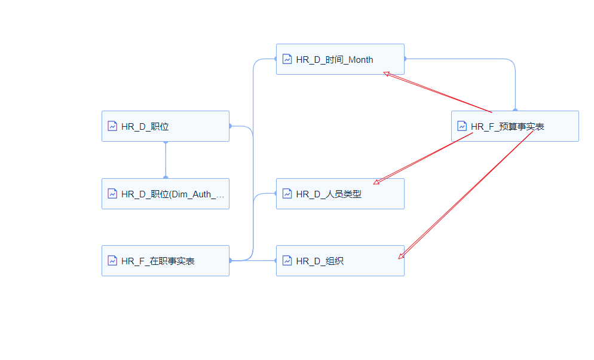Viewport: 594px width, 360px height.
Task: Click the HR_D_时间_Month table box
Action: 340,59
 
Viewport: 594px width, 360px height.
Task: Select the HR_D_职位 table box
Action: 166,126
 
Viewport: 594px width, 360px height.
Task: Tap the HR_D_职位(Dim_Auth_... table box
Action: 166,194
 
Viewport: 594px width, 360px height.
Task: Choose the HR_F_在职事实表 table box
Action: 166,261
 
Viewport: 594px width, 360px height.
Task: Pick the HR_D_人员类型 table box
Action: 340,194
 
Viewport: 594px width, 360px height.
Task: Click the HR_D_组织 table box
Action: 340,261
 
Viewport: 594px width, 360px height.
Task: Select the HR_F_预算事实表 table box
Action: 515,126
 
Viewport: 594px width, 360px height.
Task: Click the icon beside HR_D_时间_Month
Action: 287,59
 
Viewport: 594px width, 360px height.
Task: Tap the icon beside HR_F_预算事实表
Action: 462,126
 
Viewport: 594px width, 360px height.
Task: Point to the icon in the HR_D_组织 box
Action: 287,261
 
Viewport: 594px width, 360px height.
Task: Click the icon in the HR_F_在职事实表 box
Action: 112,261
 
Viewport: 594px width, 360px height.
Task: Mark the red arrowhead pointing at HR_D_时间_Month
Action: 387,74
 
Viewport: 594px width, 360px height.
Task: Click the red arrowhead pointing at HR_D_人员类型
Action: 376,182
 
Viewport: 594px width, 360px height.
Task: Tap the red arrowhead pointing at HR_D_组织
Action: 401,256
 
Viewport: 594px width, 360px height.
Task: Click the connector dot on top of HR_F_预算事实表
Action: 515,111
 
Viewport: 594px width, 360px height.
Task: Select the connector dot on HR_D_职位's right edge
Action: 230,126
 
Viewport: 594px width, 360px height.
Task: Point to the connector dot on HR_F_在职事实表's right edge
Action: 230,261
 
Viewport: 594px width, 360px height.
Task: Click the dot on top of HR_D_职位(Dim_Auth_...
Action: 166,178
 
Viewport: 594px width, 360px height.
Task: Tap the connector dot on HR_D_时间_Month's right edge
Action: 405,59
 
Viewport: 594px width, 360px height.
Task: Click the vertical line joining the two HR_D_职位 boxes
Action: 166,160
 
